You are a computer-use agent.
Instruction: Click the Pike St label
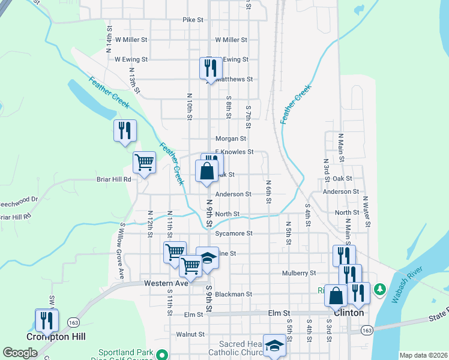[193, 20]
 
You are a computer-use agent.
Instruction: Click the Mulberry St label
[299, 273]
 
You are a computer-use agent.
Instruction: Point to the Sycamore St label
[234, 233]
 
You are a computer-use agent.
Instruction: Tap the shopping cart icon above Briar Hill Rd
[144, 161]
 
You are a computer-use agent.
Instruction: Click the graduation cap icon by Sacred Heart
[274, 346]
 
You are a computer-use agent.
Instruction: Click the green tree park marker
[379, 290]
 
